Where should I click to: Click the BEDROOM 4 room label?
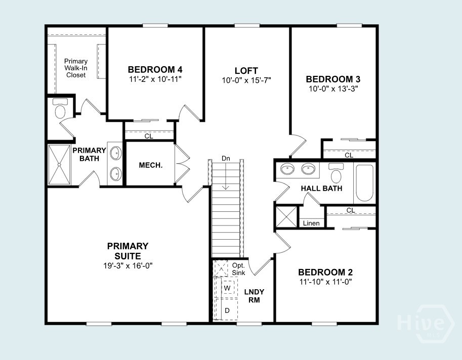(x=155, y=69)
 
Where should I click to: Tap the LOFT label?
(x=246, y=71)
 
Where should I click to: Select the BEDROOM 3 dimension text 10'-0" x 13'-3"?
(x=333, y=89)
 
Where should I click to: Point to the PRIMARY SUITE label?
(x=128, y=251)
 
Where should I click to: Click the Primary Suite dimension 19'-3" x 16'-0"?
(x=128, y=265)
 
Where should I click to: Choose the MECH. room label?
(x=150, y=165)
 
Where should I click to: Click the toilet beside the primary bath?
(x=60, y=109)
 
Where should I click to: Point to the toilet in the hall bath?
(x=336, y=174)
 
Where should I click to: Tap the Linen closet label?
(x=311, y=223)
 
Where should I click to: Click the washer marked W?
(x=227, y=288)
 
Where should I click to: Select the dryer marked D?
(x=227, y=310)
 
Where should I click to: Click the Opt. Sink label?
(x=238, y=269)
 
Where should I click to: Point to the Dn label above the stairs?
(x=226, y=159)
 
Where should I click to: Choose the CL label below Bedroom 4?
(x=149, y=136)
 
